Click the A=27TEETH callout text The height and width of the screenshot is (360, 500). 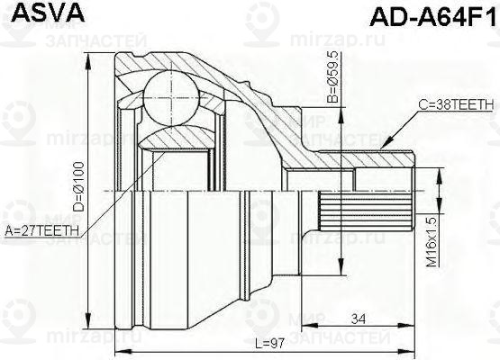[x=42, y=230]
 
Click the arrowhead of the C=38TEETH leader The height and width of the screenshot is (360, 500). [x=382, y=146]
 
